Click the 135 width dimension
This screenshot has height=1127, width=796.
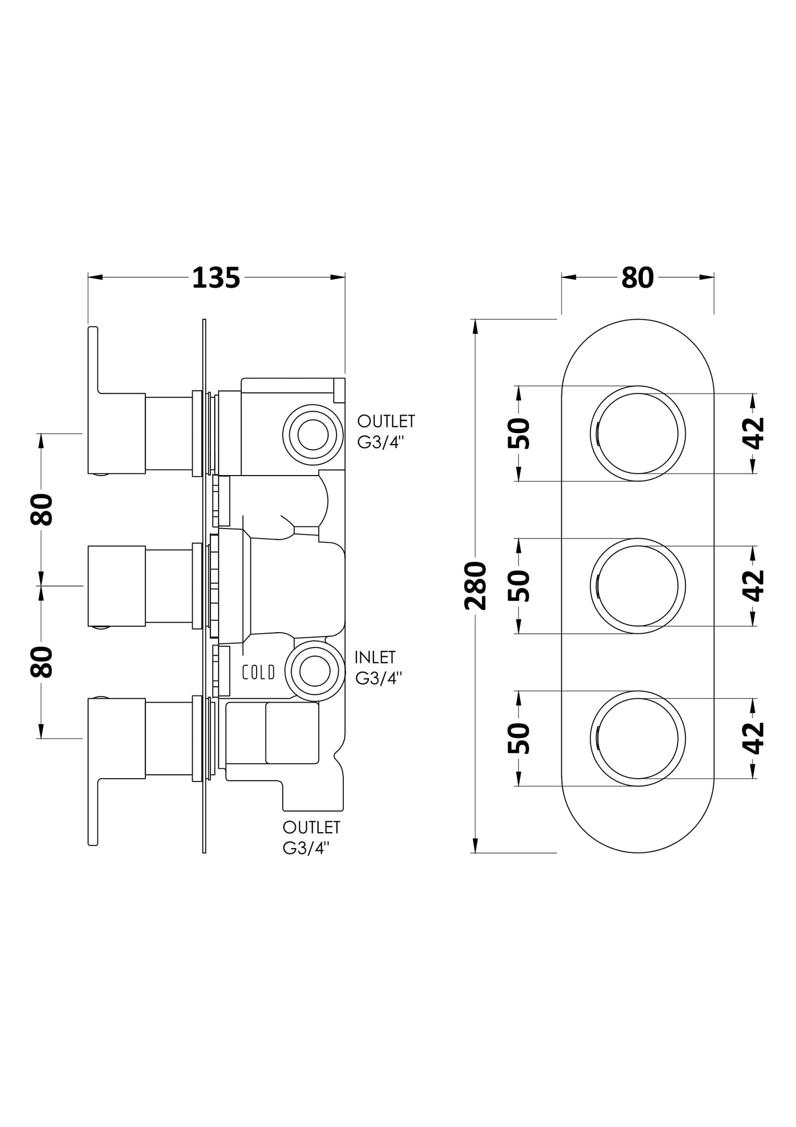(x=216, y=278)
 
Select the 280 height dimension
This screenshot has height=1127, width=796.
(x=475, y=585)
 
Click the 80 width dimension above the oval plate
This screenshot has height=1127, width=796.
(x=637, y=278)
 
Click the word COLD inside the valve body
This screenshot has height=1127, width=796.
(x=258, y=672)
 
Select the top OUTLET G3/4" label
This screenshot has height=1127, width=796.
(x=386, y=432)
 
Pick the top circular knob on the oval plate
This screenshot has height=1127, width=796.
(x=637, y=433)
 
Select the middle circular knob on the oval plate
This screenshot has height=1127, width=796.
(x=637, y=585)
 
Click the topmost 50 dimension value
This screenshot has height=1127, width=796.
(x=519, y=433)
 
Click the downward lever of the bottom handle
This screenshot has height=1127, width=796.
(x=93, y=810)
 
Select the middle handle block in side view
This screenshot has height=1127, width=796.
(x=116, y=585)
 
